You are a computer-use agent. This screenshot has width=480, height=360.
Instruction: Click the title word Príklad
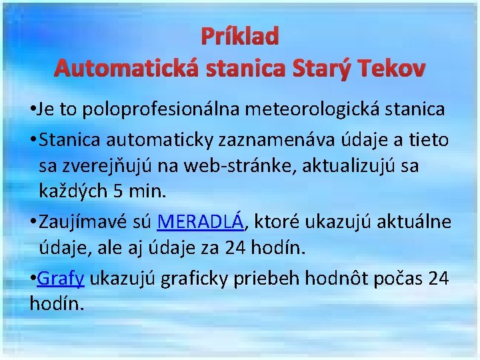coord(239,37)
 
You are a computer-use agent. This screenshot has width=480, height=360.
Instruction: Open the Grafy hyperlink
coord(61,279)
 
